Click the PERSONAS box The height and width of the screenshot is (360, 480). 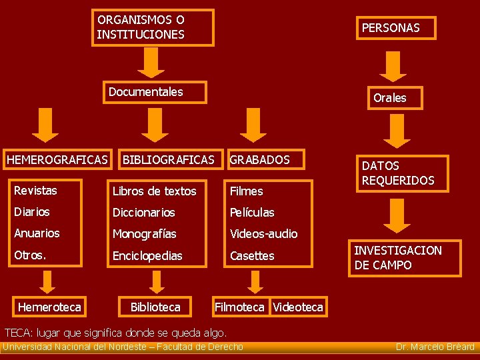point(395,28)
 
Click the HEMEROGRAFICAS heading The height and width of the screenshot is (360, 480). point(57,160)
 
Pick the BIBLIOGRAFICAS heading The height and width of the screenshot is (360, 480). point(168,160)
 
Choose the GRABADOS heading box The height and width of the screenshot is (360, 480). point(264,160)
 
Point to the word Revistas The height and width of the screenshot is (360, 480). point(35,191)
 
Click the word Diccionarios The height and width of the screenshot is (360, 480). point(143,213)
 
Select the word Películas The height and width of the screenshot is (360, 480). point(251,213)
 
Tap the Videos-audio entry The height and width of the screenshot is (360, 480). point(263,234)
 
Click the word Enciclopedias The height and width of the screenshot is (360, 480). point(147,256)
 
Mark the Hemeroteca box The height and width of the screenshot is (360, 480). point(49,307)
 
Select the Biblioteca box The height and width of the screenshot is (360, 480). point(155,307)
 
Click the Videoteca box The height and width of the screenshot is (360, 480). point(297,307)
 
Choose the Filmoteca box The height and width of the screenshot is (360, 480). point(239,307)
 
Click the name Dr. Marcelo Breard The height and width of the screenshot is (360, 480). point(435,347)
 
